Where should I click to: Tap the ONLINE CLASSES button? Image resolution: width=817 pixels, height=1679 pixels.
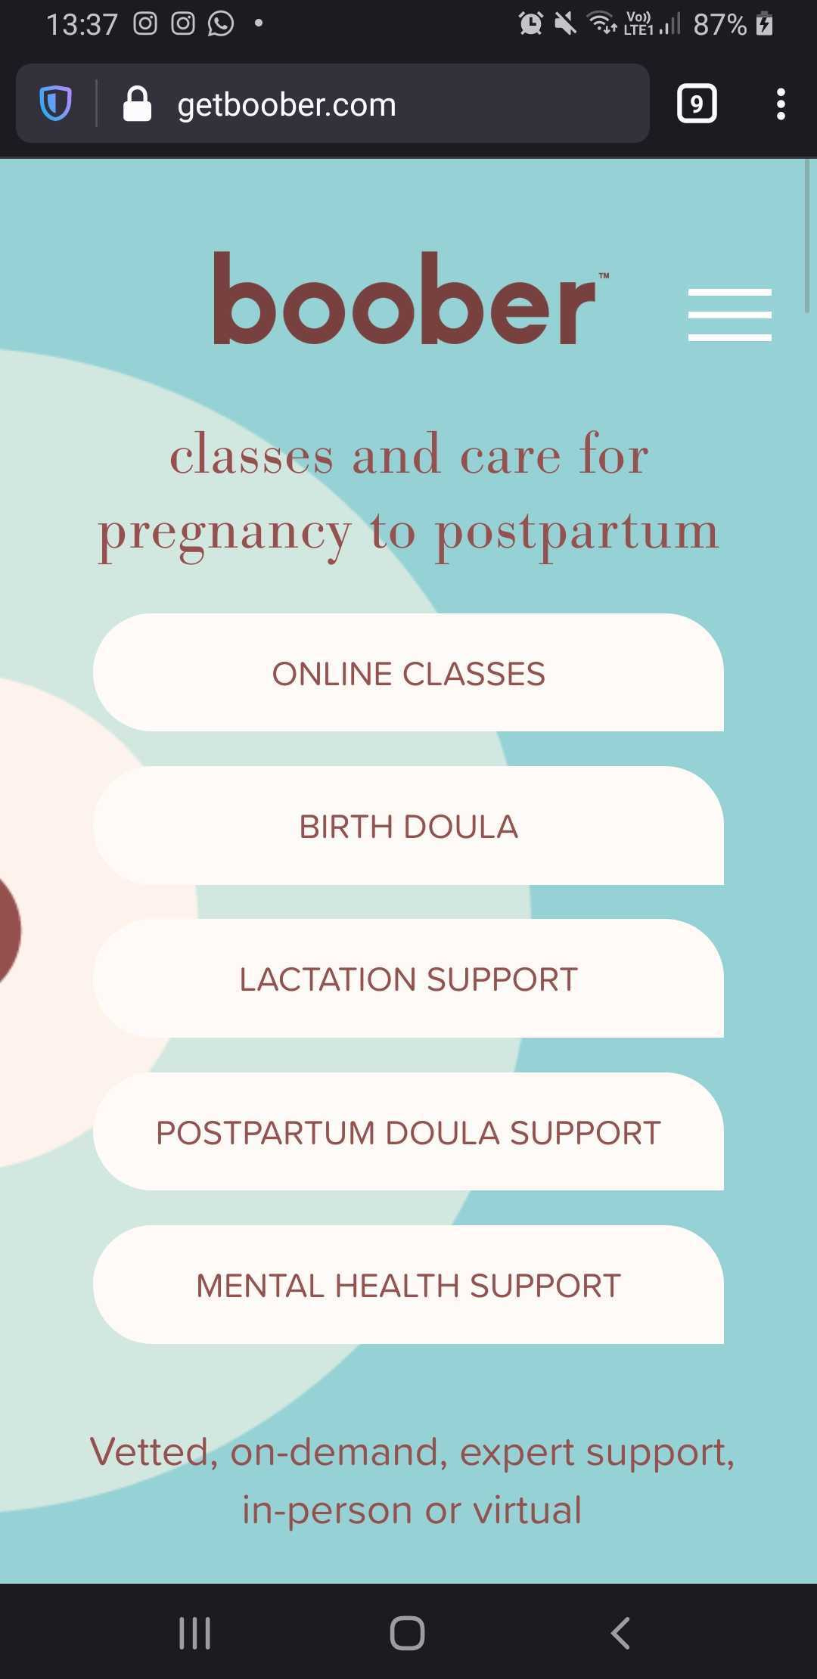[x=408, y=672]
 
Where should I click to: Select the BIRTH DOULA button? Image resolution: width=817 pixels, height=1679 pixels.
[x=408, y=826]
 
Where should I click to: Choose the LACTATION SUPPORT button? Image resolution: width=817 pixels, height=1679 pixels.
[x=408, y=979]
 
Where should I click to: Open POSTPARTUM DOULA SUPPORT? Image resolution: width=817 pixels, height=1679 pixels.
[x=408, y=1131]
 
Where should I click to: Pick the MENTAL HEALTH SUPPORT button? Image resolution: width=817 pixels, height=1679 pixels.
[x=408, y=1284]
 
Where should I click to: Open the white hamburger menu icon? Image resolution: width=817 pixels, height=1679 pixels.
[x=730, y=315]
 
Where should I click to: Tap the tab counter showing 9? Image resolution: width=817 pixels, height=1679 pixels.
[x=697, y=104]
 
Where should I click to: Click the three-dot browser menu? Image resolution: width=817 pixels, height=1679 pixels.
[x=781, y=104]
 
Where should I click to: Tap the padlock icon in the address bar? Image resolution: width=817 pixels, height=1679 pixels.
[x=137, y=104]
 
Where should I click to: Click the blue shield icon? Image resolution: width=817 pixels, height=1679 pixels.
[x=55, y=104]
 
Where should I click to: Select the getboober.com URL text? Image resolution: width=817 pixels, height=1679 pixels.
[x=287, y=104]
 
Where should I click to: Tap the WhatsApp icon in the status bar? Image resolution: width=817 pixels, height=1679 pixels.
[x=221, y=23]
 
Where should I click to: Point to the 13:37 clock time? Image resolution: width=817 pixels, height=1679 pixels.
[x=82, y=24]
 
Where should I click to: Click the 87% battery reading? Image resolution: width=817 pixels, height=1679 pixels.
[x=720, y=25]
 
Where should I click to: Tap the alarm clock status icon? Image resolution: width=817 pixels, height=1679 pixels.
[x=531, y=23]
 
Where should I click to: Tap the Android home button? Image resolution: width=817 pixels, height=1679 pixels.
[x=407, y=1633]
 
